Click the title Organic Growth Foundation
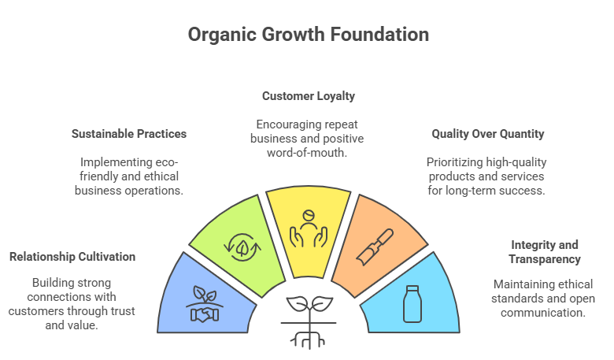(x=309, y=35)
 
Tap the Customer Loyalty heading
(x=309, y=96)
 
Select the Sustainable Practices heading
(x=129, y=134)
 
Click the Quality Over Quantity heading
(x=488, y=134)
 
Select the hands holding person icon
(x=308, y=227)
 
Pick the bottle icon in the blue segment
(x=412, y=304)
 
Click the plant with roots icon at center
(x=308, y=319)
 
